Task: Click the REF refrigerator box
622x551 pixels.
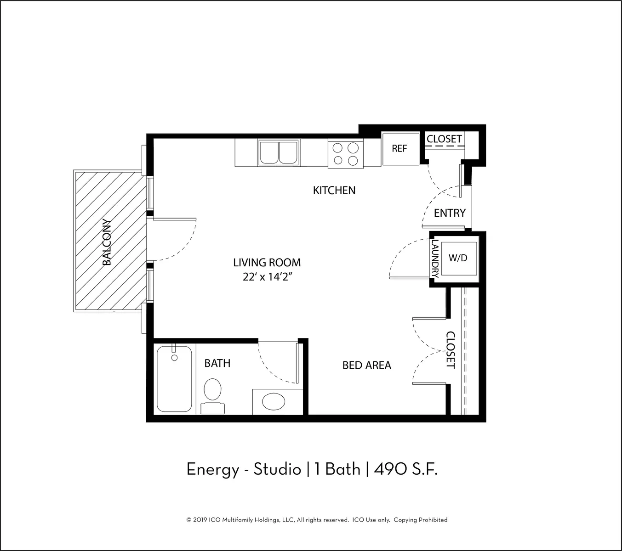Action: [401, 149]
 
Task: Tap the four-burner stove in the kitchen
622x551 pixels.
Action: [346, 153]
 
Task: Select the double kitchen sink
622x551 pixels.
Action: [279, 152]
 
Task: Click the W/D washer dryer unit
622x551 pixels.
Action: [459, 258]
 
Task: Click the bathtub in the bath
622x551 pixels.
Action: [174, 379]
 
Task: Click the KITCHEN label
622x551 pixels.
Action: [334, 191]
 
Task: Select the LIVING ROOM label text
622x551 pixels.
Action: [267, 263]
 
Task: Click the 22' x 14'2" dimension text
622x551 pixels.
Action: [267, 277]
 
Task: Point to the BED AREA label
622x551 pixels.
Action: [367, 365]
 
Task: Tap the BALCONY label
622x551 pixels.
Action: [107, 242]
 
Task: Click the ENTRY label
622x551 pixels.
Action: [450, 213]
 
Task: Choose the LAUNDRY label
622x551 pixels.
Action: [436, 259]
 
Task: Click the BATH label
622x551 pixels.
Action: [217, 363]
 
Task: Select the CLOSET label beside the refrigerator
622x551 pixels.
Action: [444, 139]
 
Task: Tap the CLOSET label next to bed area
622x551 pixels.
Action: [450, 350]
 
